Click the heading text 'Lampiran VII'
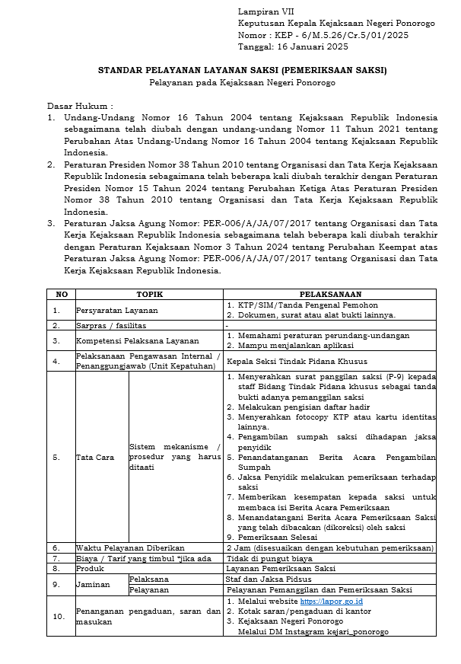(265, 13)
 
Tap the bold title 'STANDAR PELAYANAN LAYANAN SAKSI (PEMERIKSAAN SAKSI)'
(242, 71)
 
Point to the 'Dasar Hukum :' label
(80, 106)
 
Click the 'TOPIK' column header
(149, 294)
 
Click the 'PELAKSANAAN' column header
(329, 294)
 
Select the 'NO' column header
(61, 294)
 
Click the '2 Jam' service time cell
(330, 547)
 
